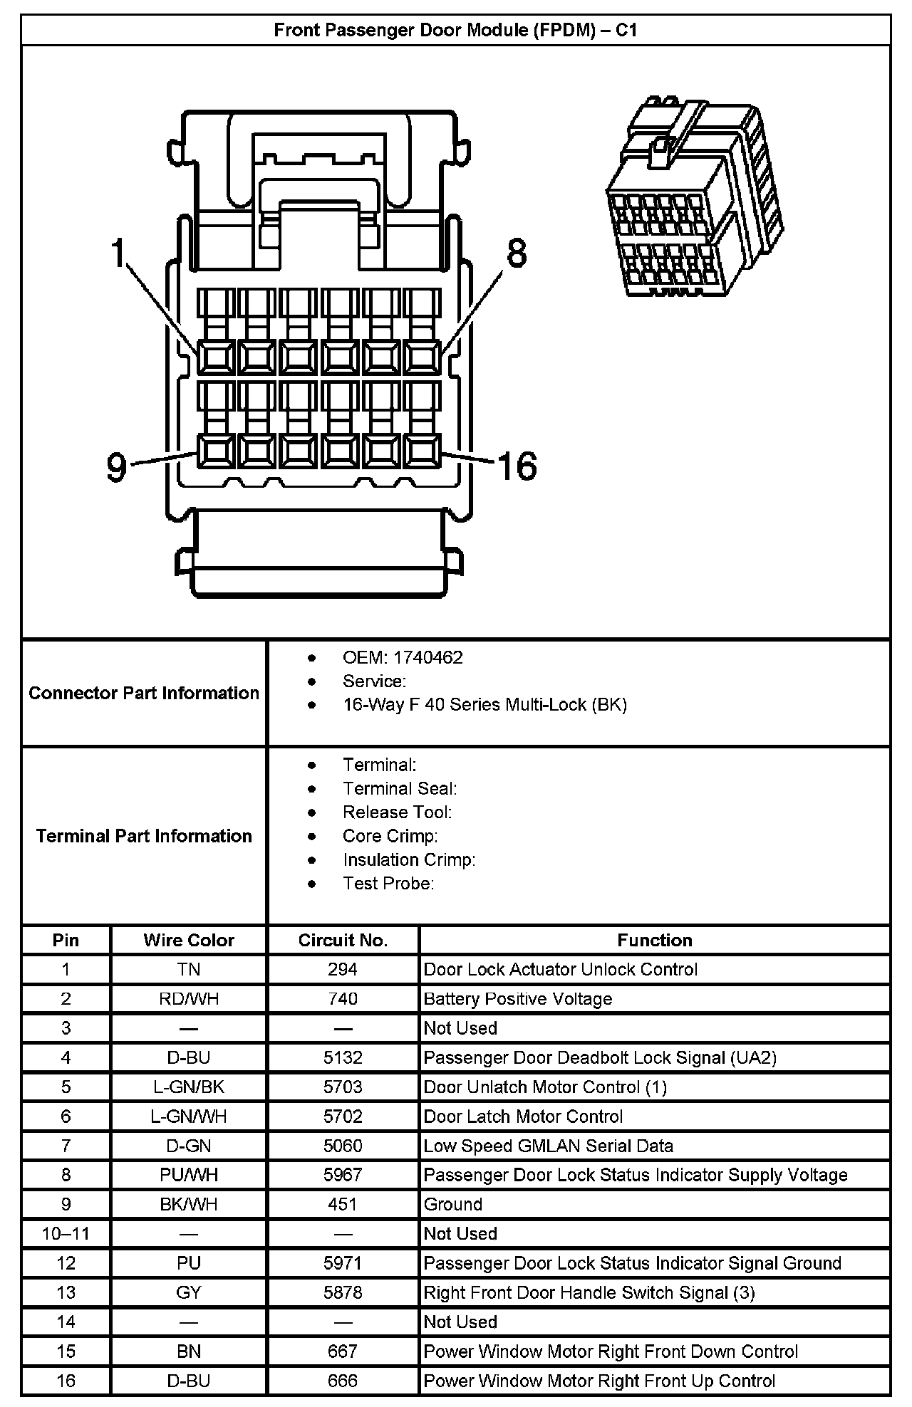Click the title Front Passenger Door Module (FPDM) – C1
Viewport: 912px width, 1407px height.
coord(455,31)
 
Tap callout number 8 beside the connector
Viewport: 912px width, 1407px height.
coord(517,253)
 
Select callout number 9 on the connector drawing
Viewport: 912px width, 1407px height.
coord(116,468)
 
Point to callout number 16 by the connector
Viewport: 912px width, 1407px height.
coord(517,466)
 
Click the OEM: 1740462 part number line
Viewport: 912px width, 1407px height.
coord(403,657)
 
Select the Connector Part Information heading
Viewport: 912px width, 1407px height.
coord(144,693)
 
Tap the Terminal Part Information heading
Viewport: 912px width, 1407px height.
coord(144,835)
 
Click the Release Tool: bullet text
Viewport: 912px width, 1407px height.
coord(397,812)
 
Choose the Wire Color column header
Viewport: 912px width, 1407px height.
coord(189,940)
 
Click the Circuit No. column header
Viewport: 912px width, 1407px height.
coord(343,940)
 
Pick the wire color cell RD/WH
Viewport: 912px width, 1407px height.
coord(189,999)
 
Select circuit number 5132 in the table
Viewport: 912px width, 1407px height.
coord(343,1057)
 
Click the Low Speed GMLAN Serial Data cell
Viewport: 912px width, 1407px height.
coord(548,1146)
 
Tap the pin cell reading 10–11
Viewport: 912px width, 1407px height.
coord(66,1233)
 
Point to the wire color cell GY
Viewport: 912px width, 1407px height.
coord(189,1292)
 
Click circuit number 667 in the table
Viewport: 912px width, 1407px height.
coord(343,1351)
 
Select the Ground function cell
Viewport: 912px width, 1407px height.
coord(453,1204)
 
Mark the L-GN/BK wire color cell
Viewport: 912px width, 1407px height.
coord(189,1087)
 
